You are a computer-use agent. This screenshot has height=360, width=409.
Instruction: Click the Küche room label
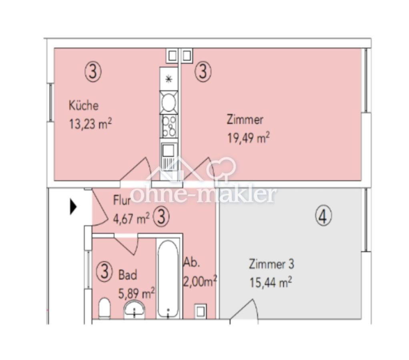pos(84,105)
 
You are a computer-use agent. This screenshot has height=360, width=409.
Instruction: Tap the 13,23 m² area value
pos(90,124)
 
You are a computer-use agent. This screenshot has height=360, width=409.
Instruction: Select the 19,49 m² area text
pos(248,138)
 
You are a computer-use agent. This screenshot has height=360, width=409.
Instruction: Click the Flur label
pos(122,200)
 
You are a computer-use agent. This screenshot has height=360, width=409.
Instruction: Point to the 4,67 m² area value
pos(131,218)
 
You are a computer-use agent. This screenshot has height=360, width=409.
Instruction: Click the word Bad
pos(128,275)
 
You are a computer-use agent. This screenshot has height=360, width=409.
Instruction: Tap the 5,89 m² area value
pos(136,293)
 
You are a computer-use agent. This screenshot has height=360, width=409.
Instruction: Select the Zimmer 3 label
pos(272,264)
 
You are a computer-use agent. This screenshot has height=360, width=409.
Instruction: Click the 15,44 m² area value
pos(271,282)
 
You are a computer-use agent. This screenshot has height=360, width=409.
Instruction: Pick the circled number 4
pos(323,216)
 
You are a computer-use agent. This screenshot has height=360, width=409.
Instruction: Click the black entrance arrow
pos(73,207)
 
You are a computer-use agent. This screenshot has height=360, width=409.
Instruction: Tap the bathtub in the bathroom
pos(168,279)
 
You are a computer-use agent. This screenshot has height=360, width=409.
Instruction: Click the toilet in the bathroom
pos(104,308)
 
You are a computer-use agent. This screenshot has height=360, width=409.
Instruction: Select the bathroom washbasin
pos(134,309)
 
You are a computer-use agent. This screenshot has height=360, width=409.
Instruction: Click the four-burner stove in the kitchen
pos(169,127)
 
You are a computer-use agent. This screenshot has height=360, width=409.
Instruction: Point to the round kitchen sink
pos(169,102)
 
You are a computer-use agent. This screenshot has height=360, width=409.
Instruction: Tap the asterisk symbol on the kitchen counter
pos(169,79)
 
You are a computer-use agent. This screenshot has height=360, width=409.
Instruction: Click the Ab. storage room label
pos(192,262)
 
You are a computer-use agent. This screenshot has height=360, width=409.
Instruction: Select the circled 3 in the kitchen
pos(93,72)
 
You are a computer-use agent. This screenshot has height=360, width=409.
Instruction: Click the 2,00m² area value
pos(200,282)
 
